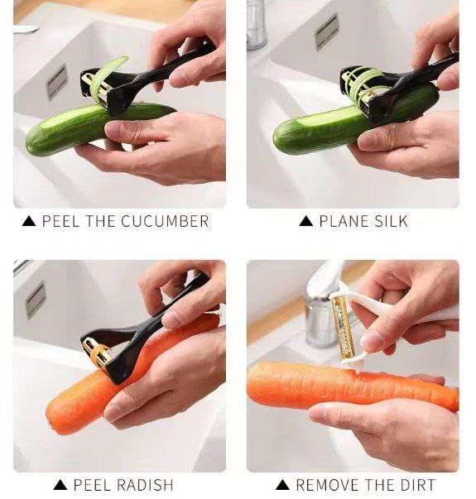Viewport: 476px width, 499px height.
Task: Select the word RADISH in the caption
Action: [146, 485]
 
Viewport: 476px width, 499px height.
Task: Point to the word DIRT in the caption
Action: [418, 485]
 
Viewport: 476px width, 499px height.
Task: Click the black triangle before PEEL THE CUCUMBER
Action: [29, 221]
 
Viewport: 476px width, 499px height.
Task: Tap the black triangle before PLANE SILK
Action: [306, 221]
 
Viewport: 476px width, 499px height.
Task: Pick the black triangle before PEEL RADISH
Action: [60, 485]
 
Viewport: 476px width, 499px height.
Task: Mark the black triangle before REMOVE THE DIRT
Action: [282, 485]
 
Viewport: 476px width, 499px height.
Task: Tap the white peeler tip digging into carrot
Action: [358, 371]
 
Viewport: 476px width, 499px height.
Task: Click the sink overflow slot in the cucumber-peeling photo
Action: [56, 82]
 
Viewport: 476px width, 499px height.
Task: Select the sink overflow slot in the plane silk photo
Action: [326, 32]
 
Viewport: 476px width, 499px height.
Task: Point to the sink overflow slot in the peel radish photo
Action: [36, 300]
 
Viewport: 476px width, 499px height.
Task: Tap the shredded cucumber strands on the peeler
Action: [366, 84]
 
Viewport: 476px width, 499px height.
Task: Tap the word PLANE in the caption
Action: [344, 221]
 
